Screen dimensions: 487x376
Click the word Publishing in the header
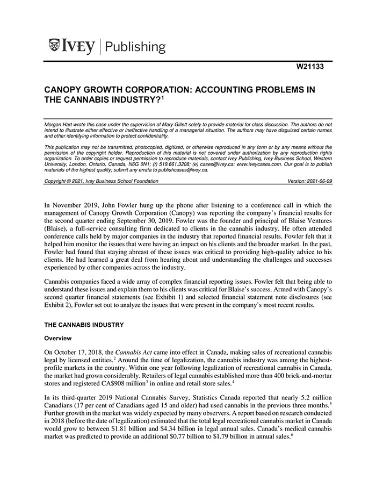135,47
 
